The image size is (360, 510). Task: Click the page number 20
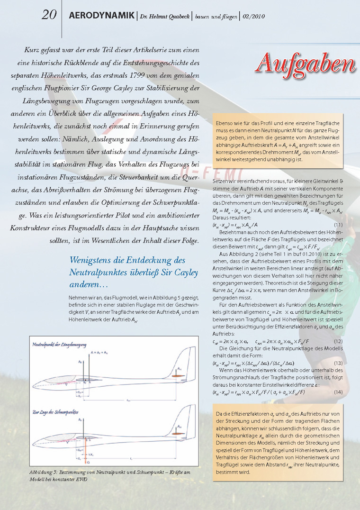pyautogui.click(x=49, y=15)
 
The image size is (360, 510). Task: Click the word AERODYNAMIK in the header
pyautogui.click(x=101, y=16)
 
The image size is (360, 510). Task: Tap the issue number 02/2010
pyautogui.click(x=253, y=17)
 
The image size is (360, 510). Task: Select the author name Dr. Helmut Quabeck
pyautogui.click(x=164, y=17)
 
